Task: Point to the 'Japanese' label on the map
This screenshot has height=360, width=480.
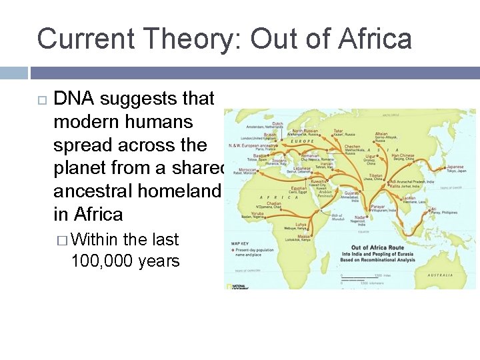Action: coord(455,167)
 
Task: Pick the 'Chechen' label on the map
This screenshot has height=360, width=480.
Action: coord(353,147)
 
